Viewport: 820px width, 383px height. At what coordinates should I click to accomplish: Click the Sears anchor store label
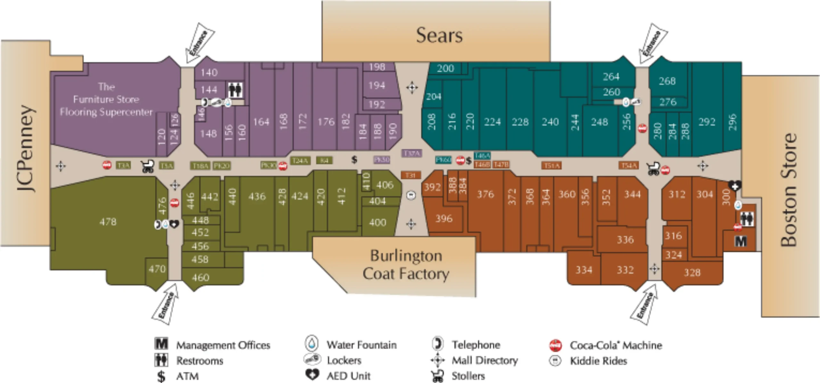tap(439, 35)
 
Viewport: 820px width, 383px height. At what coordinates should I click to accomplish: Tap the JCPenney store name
tap(26, 148)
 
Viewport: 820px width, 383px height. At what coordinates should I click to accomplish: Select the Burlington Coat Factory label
tap(406, 265)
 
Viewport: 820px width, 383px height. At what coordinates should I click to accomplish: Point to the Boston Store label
tap(788, 190)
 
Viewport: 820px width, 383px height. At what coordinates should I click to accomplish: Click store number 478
tap(108, 222)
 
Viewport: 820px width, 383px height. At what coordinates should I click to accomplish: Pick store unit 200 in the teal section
tap(445, 68)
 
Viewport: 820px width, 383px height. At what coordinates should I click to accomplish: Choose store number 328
tap(692, 273)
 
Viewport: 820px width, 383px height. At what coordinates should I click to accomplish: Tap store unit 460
tap(200, 277)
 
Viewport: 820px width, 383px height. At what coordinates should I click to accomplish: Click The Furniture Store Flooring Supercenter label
tap(106, 99)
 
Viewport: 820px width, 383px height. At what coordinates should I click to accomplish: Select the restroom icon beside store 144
tap(235, 90)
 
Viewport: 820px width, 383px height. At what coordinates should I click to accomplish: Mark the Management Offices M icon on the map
tap(741, 241)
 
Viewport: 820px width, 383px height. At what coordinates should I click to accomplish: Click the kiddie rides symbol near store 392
tap(411, 195)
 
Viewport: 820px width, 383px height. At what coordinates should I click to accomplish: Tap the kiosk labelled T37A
tap(412, 154)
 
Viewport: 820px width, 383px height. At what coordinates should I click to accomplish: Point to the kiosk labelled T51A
tap(551, 166)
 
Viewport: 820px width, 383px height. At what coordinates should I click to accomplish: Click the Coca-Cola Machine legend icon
tap(555, 346)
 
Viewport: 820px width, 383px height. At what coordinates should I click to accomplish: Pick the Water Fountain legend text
tap(361, 345)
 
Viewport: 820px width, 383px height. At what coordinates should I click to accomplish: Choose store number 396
tap(444, 219)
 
